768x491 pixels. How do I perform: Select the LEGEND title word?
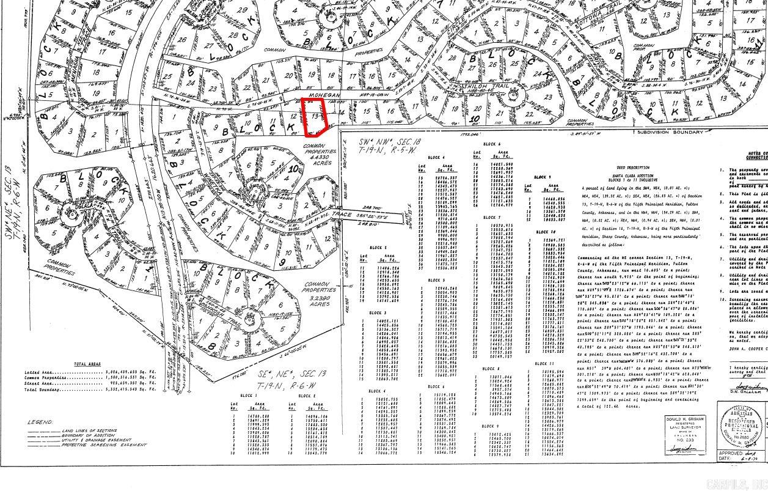click(x=40, y=422)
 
